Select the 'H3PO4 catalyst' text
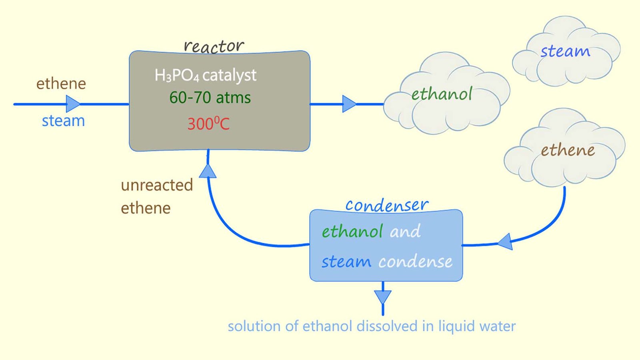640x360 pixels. coord(205,75)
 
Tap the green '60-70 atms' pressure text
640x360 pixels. coord(210,98)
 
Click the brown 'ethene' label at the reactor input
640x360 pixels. coord(61,84)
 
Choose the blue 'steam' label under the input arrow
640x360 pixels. coord(63,121)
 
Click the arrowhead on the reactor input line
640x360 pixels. coord(72,104)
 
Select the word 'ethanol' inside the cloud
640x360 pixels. coord(442,94)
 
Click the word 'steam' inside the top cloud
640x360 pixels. coord(565,52)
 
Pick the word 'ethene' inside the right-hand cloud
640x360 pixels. coord(568,150)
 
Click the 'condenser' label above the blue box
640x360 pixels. coord(387,205)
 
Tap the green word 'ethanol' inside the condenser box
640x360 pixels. coord(352,232)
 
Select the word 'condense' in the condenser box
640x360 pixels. coord(415,262)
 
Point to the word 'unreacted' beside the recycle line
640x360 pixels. coord(157,185)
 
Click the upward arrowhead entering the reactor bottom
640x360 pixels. coord(208,172)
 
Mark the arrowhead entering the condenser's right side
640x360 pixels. coord(506,242)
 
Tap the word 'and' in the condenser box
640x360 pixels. coord(405,232)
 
